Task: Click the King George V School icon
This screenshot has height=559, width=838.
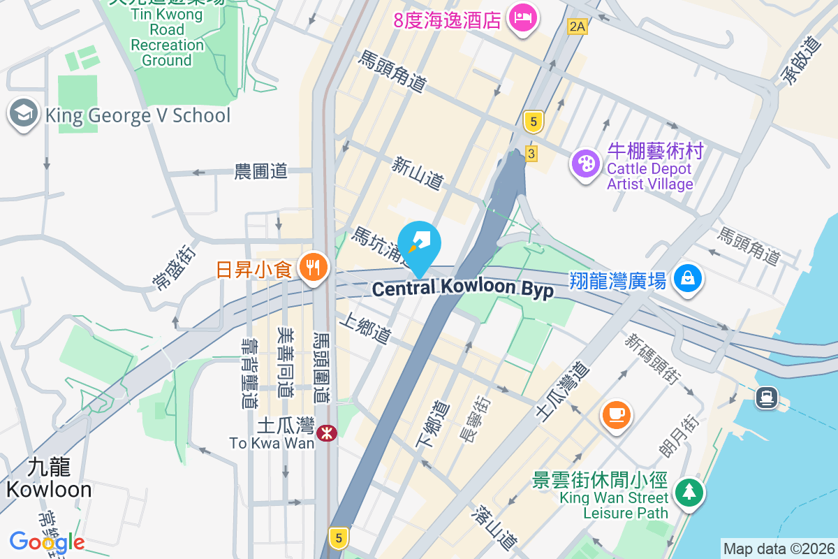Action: click(23, 114)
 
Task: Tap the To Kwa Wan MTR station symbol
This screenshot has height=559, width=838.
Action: click(326, 433)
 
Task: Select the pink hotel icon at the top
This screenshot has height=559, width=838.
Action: click(522, 17)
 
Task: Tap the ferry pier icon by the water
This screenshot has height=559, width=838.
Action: click(766, 398)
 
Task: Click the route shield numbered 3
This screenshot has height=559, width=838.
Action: click(532, 153)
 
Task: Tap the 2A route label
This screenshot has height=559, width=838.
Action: click(577, 27)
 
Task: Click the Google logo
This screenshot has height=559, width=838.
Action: click(47, 541)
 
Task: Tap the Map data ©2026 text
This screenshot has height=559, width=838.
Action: click(778, 549)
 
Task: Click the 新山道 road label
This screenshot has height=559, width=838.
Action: click(418, 173)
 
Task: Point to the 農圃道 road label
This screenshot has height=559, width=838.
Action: click(261, 171)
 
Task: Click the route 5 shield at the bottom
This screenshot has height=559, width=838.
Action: click(339, 538)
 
